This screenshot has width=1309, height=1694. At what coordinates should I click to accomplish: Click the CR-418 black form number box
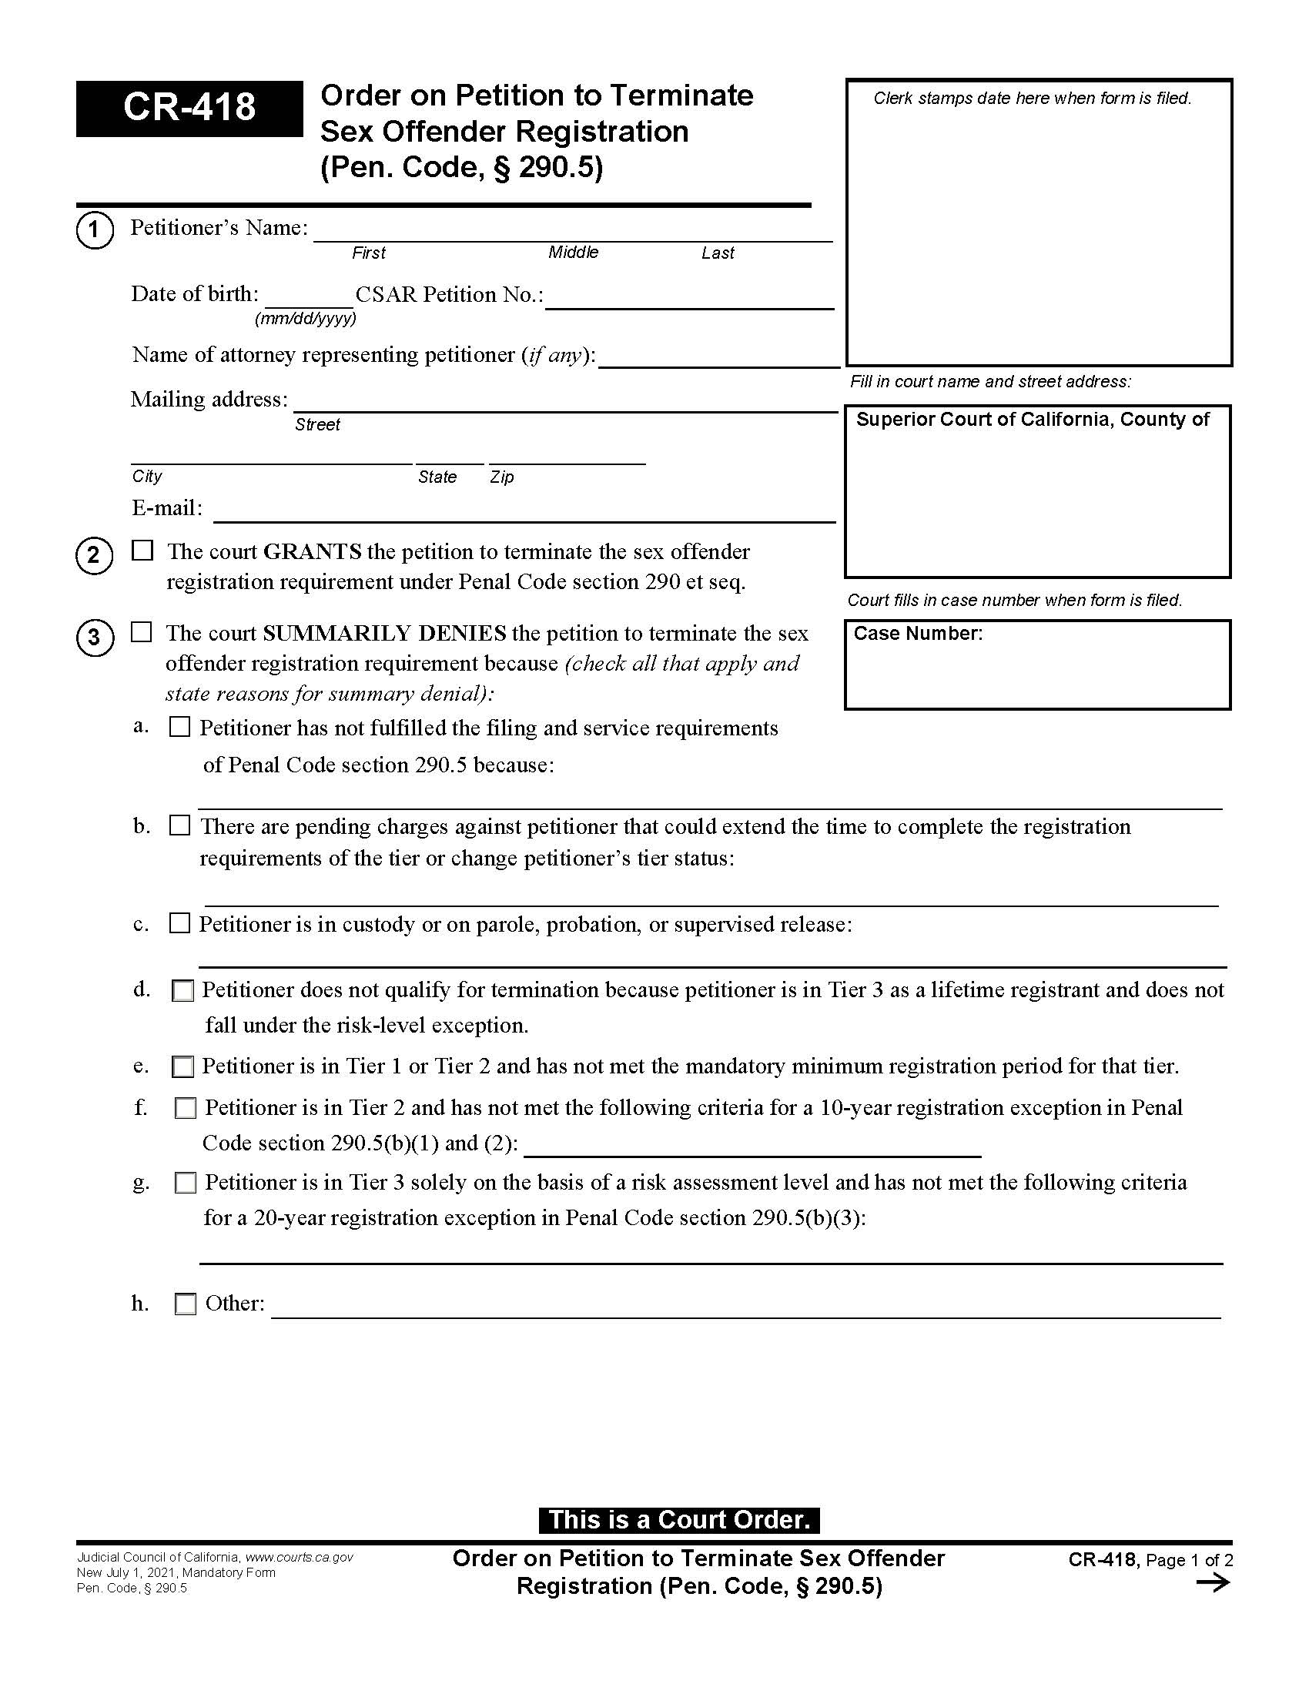pos(189,108)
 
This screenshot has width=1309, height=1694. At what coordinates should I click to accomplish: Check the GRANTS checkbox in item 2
pos(142,551)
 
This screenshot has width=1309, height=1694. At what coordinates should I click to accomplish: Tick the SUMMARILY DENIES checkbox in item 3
pos(142,632)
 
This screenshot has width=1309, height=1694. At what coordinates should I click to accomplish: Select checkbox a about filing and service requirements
pos(180,727)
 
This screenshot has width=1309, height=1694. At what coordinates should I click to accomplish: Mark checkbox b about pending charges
pos(180,825)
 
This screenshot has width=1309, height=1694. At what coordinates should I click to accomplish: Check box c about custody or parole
pos(180,923)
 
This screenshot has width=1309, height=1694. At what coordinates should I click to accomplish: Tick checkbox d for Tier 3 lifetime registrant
pos(183,991)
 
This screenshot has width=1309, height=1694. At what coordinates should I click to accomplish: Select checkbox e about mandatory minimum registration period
pos(183,1067)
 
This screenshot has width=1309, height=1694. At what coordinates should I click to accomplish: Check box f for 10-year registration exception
pos(186,1108)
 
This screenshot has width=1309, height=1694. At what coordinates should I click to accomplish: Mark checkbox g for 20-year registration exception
pos(186,1183)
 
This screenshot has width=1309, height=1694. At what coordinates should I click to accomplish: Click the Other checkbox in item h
pos(186,1304)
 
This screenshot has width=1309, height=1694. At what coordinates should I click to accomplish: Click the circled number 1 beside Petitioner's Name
pos(95,230)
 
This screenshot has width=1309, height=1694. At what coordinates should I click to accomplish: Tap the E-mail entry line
pos(524,513)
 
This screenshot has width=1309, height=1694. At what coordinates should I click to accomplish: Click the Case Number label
pos(917,634)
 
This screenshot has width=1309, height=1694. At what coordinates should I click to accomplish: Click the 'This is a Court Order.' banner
pos(678,1519)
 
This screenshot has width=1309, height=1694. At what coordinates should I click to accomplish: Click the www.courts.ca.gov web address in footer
pos(300,1558)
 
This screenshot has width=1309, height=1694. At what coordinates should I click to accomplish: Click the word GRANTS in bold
pos(313,551)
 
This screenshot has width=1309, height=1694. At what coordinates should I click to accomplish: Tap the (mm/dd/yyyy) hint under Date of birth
pos(306,319)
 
